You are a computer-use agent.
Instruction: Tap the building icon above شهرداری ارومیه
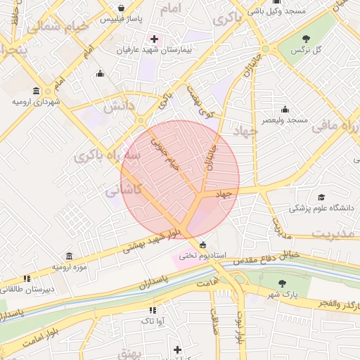(x=36, y=90)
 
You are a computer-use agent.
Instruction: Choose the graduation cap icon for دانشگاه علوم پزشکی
(x=321, y=198)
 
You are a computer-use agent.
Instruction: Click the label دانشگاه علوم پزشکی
(x=318, y=209)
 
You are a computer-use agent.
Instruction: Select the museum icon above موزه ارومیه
(x=68, y=256)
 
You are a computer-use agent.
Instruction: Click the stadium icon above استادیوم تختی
(x=203, y=245)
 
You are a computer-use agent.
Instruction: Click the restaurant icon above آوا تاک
(x=152, y=309)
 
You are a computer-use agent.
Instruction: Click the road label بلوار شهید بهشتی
(x=150, y=239)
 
